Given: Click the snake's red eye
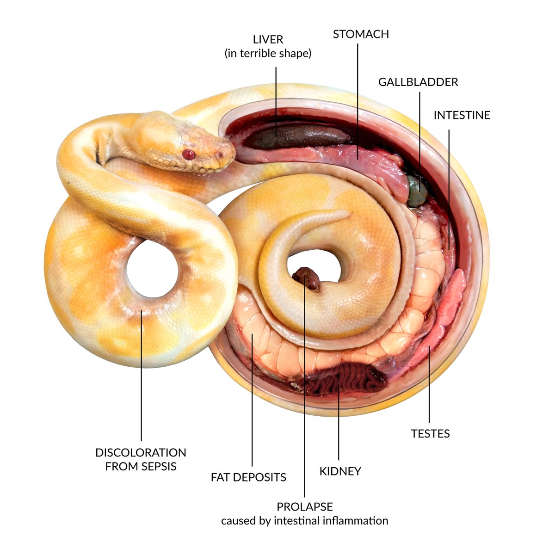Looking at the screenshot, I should coord(188,154).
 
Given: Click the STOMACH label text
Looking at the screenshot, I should coord(361,34).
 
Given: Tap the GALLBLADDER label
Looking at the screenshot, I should coord(418,82).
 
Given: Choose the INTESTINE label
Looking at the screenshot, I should coord(462,115).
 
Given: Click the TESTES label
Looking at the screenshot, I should coord(430,434).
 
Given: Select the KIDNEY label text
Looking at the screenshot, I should coord(340,472).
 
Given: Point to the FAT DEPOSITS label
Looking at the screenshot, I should coord(248,477).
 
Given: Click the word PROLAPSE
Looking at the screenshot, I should coord(305,507).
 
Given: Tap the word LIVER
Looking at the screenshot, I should coord(268,40).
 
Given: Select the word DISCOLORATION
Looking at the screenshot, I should coord(141,453).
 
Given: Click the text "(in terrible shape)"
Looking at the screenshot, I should coord(268,54).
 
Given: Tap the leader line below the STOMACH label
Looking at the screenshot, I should coord(358,92).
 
